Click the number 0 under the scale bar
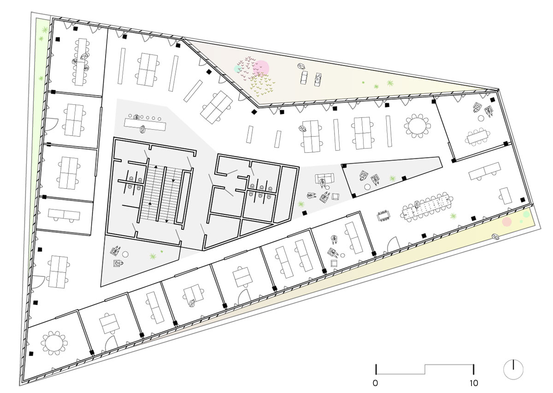375,383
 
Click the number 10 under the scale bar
474,383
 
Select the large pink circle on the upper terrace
261,68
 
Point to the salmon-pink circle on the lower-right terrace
506,222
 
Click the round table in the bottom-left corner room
54,343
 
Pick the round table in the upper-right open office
417,125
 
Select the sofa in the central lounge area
324,179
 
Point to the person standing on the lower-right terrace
495,236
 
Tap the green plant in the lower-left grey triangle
153,256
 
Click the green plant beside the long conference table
453,216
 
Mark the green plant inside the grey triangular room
392,178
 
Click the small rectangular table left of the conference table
383,216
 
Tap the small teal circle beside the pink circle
237,69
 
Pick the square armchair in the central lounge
335,197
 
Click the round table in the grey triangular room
368,187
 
